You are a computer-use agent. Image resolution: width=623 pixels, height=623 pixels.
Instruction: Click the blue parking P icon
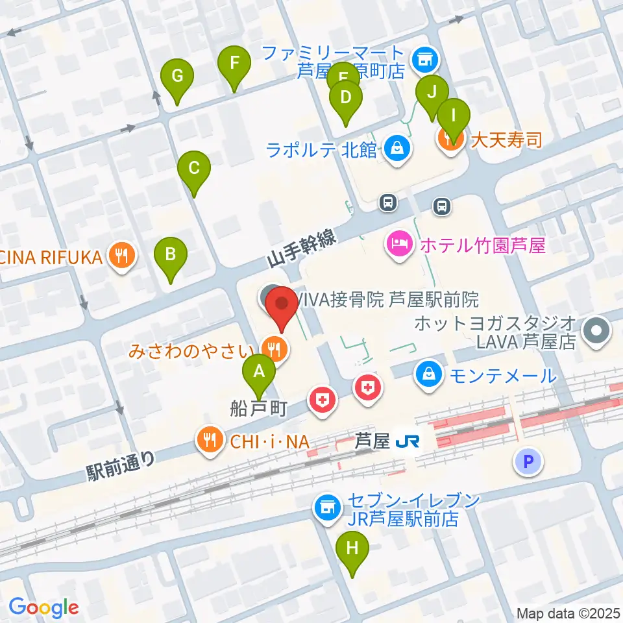click(527, 461)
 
